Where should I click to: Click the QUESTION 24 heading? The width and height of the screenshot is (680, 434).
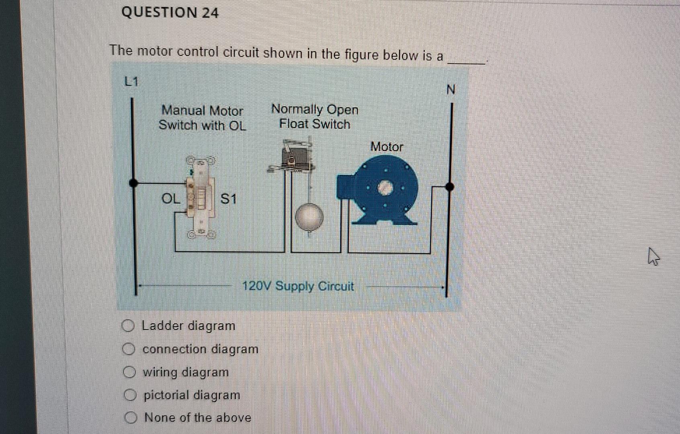(170, 13)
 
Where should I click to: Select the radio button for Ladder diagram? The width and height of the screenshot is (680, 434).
(128, 325)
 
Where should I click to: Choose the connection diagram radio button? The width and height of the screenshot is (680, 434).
(129, 349)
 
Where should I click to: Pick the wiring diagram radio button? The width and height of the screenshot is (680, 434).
(129, 372)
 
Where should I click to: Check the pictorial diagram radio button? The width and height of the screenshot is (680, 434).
(129, 395)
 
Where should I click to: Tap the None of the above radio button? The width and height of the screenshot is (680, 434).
(130, 418)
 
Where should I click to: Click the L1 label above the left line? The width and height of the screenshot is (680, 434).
(131, 82)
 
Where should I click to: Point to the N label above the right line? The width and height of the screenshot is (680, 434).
(451, 90)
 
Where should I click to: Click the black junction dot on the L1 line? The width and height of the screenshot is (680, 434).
(134, 183)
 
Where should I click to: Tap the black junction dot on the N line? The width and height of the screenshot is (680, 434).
(450, 187)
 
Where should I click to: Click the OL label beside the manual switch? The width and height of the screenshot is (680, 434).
(171, 199)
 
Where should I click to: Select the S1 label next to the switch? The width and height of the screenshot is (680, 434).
(229, 199)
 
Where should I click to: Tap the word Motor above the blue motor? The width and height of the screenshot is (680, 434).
(387, 147)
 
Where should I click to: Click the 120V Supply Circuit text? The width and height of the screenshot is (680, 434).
(298, 287)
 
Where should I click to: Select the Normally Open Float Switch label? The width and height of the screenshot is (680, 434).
(315, 117)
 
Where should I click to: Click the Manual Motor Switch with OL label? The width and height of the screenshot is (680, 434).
(202, 118)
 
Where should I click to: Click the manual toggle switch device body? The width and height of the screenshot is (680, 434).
(199, 197)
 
